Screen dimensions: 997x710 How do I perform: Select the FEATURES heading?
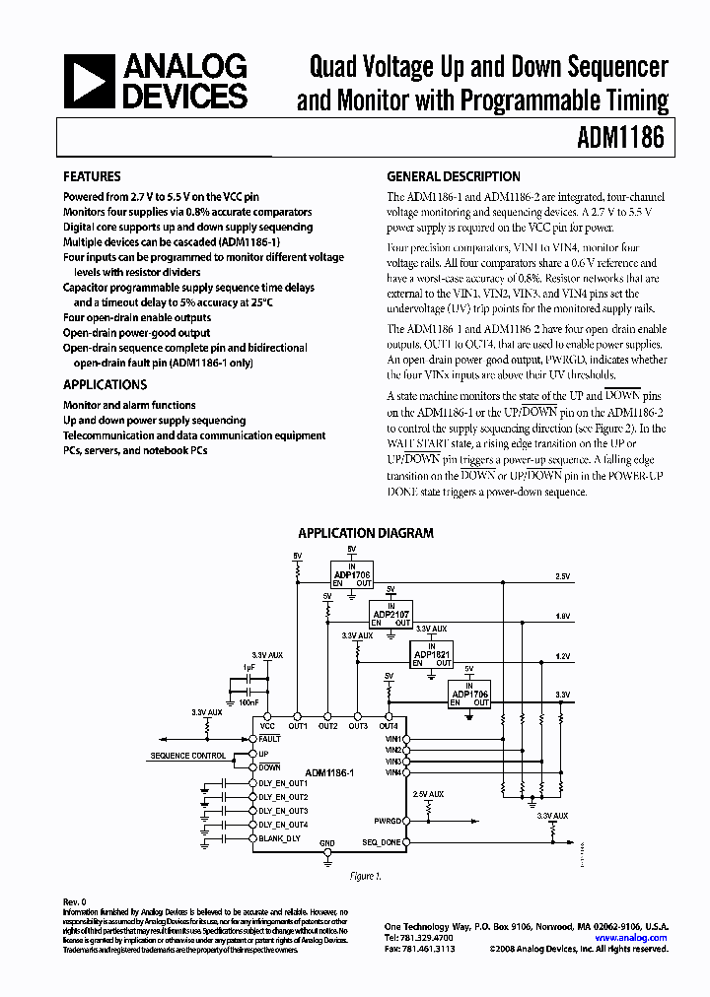[x=92, y=177]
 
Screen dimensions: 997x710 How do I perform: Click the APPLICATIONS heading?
[x=106, y=385]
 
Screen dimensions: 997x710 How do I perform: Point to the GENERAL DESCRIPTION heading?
[x=454, y=177]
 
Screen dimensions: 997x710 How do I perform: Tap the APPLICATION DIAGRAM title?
[x=366, y=533]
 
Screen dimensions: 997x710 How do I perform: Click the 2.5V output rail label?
[x=562, y=575]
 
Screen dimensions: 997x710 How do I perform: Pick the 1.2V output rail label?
[x=562, y=655]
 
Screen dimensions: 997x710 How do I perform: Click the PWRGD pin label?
[x=388, y=819]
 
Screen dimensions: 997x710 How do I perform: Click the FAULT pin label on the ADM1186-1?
[x=270, y=738]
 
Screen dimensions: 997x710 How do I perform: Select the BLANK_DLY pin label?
[x=279, y=838]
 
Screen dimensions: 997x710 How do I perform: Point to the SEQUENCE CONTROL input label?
[x=187, y=756]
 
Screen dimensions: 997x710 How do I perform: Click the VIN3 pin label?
[x=392, y=762]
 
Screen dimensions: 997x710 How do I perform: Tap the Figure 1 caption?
[x=366, y=876]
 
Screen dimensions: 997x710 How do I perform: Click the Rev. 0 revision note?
[x=75, y=901]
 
